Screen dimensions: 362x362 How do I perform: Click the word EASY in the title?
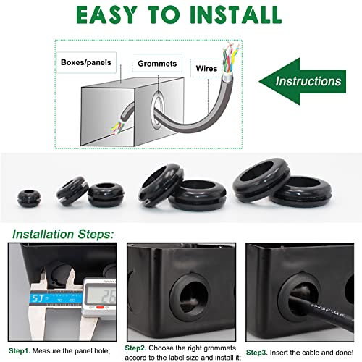click(x=87, y=15)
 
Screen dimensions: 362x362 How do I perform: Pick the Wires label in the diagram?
click(x=203, y=69)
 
